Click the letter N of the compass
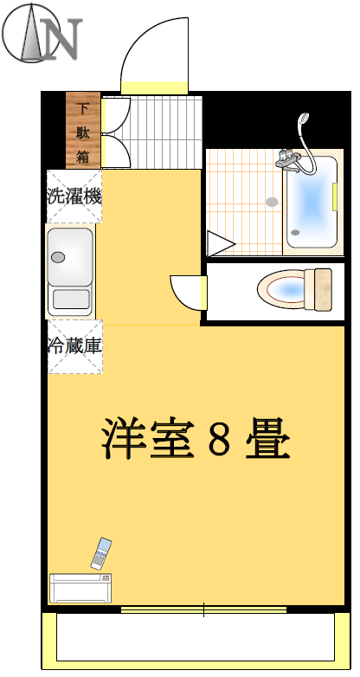[61, 39]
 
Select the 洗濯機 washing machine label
[74, 197]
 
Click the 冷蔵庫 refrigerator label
[74, 346]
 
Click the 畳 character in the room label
[267, 438]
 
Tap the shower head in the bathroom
[304, 119]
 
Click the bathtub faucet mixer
[288, 161]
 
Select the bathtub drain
[295, 232]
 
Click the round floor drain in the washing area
[272, 202]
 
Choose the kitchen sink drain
[58, 257]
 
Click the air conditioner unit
[80, 588]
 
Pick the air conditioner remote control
[101, 553]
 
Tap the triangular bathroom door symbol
[220, 244]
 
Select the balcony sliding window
[203, 609]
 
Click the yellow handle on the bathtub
[335, 197]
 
